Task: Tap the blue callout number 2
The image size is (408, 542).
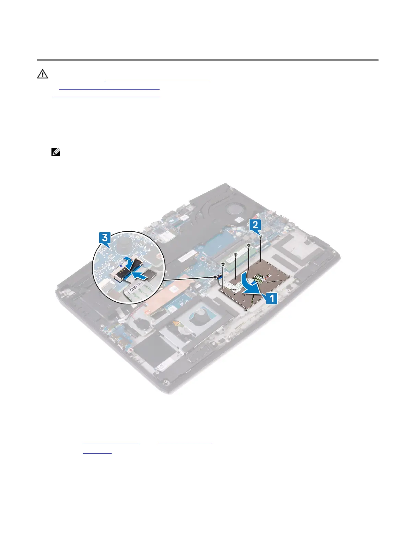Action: pos(255,225)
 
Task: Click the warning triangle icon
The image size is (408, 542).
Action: pos(43,74)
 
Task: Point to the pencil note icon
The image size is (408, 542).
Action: pos(56,152)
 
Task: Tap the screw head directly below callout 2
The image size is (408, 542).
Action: pos(261,237)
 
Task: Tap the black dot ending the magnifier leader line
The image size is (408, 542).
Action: pos(215,276)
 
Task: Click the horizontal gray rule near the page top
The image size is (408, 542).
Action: pos(208,60)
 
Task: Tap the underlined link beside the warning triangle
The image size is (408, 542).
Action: pos(156,82)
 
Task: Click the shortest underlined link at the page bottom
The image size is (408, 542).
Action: pos(97,452)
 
